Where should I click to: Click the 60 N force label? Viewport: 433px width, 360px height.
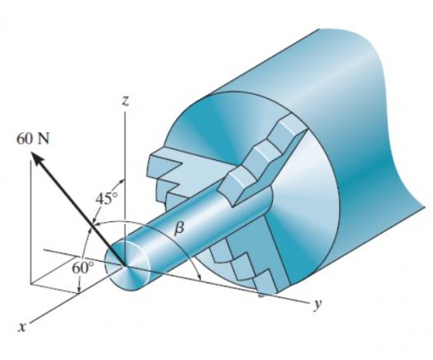[33, 139]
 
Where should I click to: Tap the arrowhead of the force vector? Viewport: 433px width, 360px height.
[37, 159]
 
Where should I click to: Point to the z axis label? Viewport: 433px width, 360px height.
[125, 102]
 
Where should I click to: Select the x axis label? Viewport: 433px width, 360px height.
[21, 327]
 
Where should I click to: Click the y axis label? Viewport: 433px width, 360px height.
[318, 305]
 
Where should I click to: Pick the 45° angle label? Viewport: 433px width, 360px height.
[107, 198]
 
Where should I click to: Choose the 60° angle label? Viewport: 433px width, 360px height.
[82, 268]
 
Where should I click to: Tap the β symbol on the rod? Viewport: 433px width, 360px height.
[179, 229]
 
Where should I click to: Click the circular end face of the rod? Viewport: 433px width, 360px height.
[128, 265]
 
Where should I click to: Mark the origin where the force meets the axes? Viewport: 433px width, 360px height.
[125, 265]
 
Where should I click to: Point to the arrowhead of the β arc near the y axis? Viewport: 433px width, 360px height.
[199, 277]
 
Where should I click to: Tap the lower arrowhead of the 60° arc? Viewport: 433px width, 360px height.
[79, 289]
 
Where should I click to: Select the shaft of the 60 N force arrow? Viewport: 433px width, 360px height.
[80, 211]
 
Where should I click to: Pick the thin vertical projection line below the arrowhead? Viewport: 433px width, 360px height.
[31, 221]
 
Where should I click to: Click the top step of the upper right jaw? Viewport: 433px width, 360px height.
[290, 125]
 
